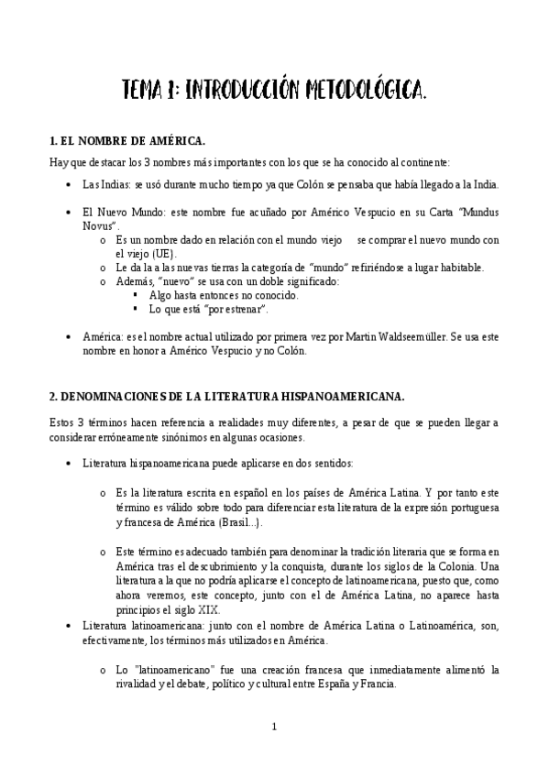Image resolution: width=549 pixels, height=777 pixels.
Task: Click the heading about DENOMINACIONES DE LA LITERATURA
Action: point(226,396)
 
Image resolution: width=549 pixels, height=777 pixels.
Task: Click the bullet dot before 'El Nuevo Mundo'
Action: point(71,213)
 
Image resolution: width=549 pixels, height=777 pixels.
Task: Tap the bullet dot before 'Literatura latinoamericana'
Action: point(71,626)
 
